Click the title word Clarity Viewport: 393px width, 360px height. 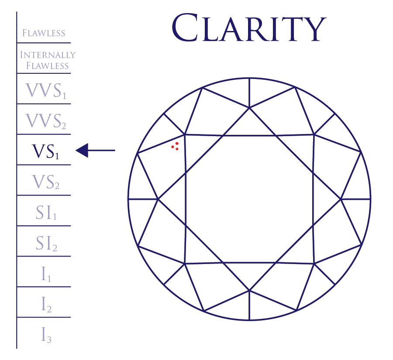click(x=248, y=27)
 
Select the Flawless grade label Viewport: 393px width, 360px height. click(x=44, y=33)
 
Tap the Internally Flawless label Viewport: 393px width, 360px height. click(x=48, y=60)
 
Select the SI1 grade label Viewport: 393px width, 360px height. click(x=46, y=213)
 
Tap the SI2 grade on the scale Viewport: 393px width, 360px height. click(x=46, y=243)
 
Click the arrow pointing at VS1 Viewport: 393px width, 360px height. click(x=95, y=151)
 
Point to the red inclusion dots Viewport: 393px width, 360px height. click(x=176, y=146)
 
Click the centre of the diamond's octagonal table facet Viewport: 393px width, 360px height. click(x=249, y=199)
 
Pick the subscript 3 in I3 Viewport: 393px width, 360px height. click(x=49, y=339)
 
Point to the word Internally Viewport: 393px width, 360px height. click(x=48, y=55)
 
